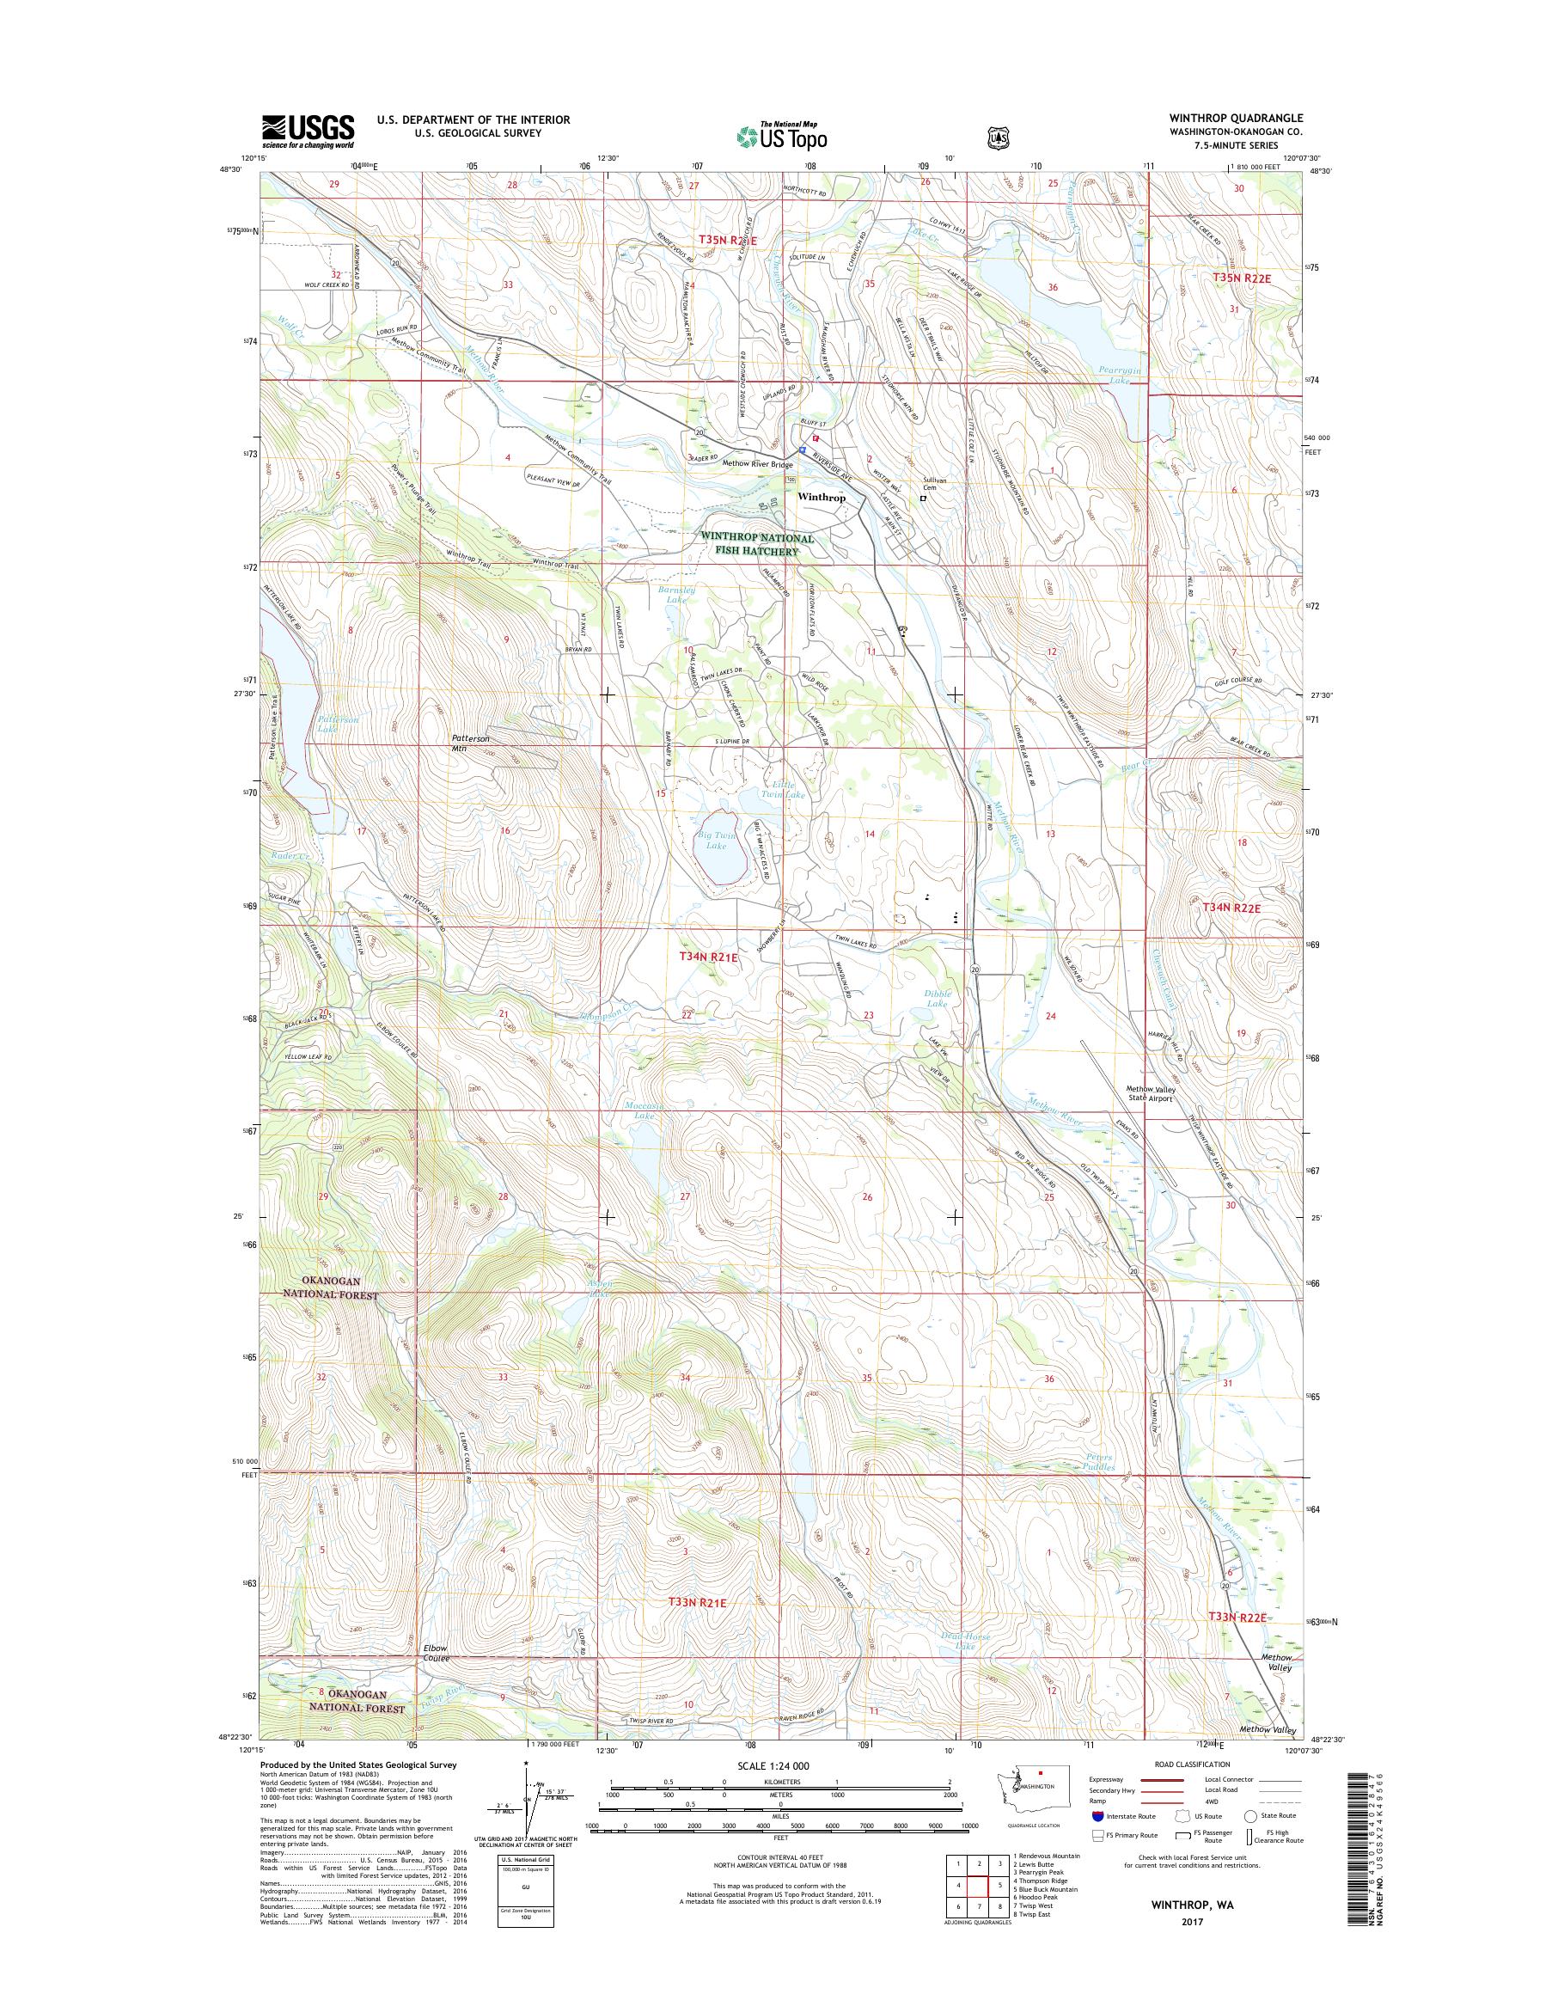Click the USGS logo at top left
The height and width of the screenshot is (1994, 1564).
click(308, 131)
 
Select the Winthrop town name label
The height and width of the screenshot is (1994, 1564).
click(822, 498)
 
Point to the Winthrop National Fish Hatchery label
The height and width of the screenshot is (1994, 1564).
click(756, 544)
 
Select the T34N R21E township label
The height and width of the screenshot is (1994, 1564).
click(708, 957)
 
